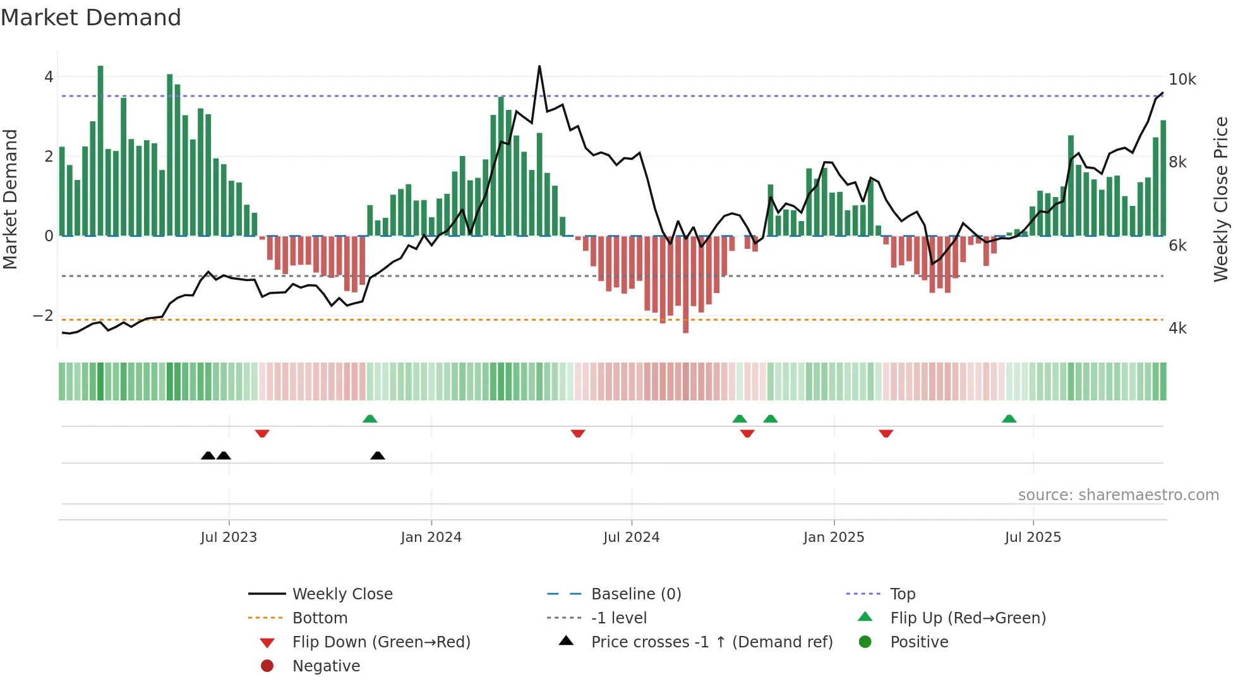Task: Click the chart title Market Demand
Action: [91, 18]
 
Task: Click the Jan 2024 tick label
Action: [431, 537]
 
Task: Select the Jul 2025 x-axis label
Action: [1033, 537]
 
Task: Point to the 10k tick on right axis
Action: [1182, 80]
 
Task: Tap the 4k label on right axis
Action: [1177, 328]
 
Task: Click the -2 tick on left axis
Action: [44, 315]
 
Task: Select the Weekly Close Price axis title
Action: [1220, 199]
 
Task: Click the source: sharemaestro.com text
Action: [1118, 495]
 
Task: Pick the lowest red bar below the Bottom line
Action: [685, 284]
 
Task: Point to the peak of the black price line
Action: [539, 66]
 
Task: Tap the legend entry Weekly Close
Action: [342, 594]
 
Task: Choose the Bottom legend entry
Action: [320, 618]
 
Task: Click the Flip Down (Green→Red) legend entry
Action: [381, 642]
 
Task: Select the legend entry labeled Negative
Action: [326, 666]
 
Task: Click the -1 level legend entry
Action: [618, 618]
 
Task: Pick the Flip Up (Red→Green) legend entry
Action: [968, 618]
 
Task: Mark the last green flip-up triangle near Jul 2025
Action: [1009, 419]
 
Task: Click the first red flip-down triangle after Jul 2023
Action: [262, 433]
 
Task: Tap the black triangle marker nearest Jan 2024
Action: [378, 455]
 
